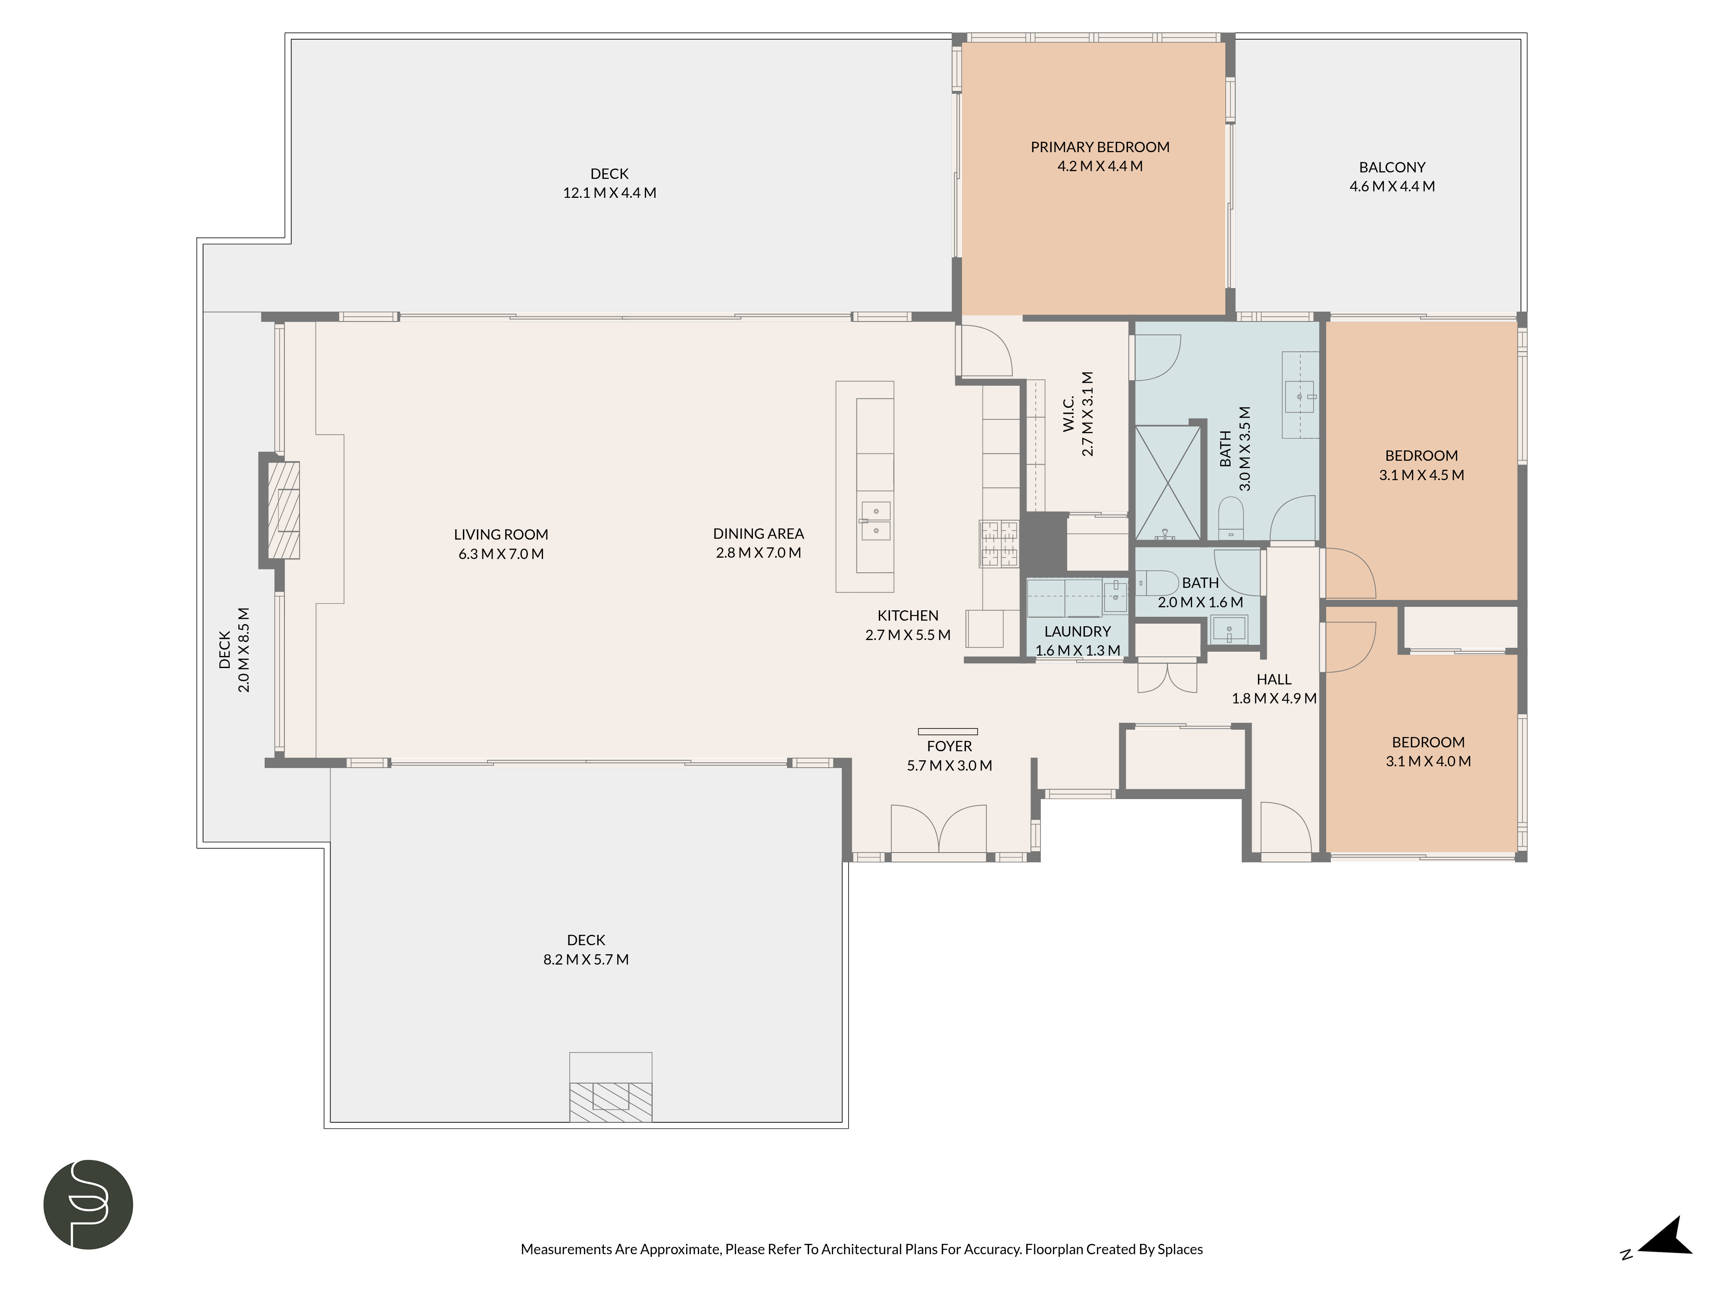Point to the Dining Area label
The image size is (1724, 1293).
point(758,534)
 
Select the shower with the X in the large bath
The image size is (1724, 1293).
point(1168,482)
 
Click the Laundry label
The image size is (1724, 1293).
point(1077,631)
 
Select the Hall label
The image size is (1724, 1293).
point(1274,680)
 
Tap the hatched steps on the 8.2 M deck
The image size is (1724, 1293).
point(610,1101)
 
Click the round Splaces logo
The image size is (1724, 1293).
point(88,1204)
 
